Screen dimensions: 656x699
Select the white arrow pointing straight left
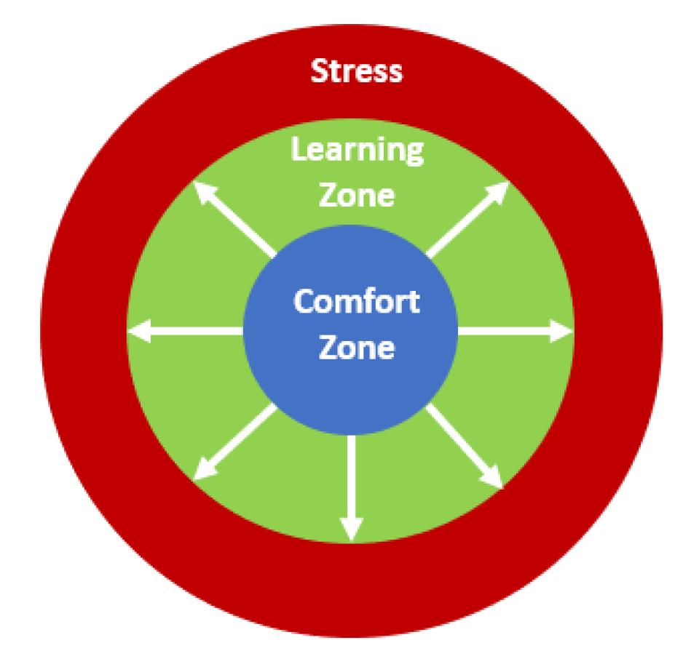(186, 332)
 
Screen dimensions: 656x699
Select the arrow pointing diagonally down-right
(465, 445)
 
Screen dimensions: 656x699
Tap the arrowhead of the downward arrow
(352, 529)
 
